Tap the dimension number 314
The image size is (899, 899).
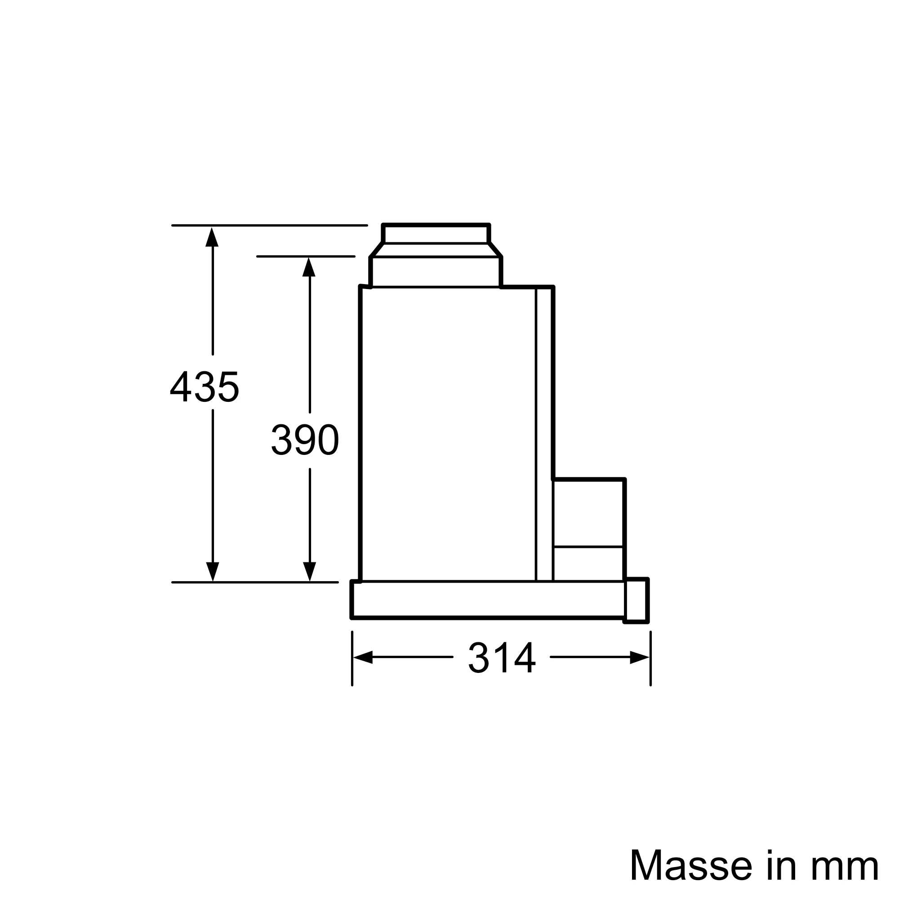[502, 658]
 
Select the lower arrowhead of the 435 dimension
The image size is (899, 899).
[212, 571]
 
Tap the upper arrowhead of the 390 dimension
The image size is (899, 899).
[309, 267]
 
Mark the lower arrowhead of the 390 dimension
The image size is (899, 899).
[309, 571]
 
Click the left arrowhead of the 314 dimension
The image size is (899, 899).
[363, 658]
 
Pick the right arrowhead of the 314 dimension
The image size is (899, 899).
[639, 658]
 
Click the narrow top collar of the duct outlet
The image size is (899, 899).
[436, 234]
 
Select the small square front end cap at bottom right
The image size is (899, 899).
[636, 600]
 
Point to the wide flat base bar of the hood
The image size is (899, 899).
[488, 599]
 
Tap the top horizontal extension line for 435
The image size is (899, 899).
[269, 226]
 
